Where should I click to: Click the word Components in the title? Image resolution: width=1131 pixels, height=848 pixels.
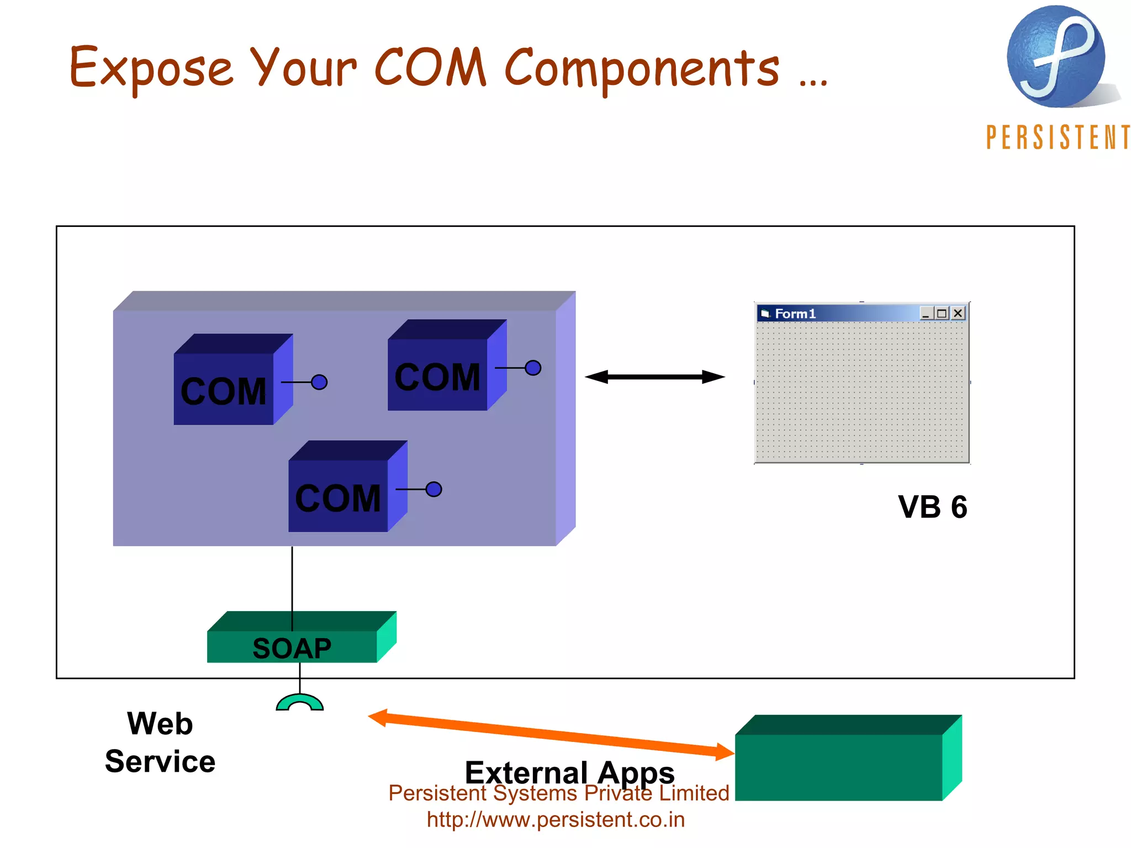pos(642,68)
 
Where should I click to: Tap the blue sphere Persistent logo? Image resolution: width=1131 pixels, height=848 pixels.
pos(1055,57)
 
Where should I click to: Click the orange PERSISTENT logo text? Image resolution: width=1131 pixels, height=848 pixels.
pos(1057,137)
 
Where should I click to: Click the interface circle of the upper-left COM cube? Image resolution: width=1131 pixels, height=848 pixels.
pos(319,382)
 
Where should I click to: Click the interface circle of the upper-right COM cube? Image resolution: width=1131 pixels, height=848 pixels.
pos(533,368)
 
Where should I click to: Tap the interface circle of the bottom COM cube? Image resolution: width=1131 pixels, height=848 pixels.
pos(434,489)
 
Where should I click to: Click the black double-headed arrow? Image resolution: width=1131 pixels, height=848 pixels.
pos(655,377)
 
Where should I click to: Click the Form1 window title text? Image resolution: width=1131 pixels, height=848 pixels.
pos(795,314)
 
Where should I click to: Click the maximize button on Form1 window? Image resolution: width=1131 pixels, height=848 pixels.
pos(942,314)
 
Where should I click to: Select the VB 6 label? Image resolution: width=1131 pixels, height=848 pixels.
pos(932,507)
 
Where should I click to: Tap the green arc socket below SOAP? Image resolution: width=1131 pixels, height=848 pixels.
pos(299,702)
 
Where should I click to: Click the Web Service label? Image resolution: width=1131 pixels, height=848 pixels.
pos(160,742)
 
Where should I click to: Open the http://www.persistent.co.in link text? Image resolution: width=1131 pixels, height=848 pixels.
pos(556,819)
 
